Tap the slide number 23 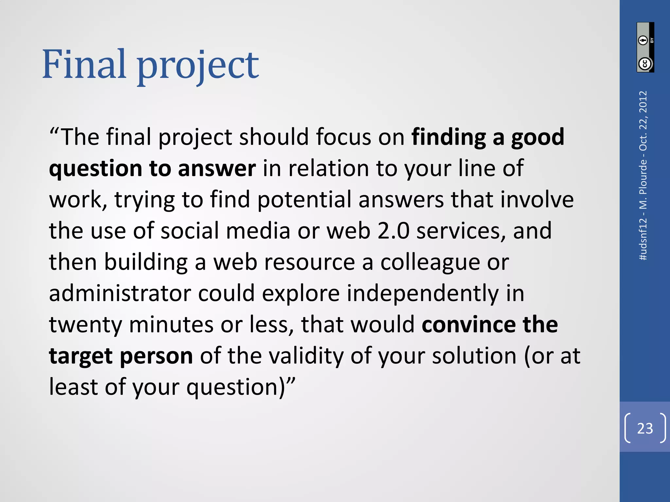click(x=645, y=428)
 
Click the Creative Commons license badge click(x=645, y=47)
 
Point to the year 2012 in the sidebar click(x=643, y=102)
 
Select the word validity click(x=306, y=356)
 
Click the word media click(x=258, y=231)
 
